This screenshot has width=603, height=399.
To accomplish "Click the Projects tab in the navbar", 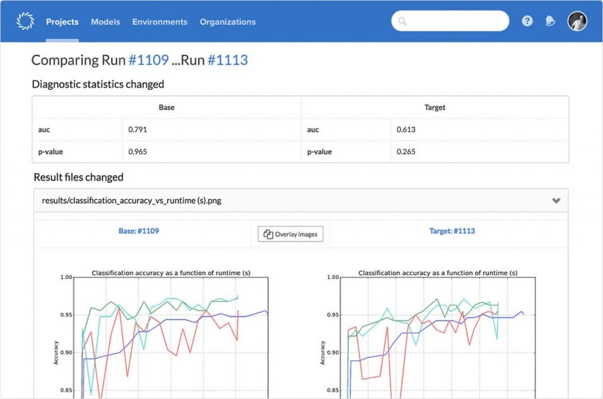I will click(62, 21).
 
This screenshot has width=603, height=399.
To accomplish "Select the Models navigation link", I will click(105, 21).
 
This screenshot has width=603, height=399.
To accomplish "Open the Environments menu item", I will click(159, 21).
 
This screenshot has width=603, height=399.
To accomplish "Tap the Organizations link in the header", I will click(227, 21).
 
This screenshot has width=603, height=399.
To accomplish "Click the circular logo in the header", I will click(25, 21).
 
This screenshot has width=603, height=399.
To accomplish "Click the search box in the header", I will click(450, 21).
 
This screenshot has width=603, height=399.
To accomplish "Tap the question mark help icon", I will click(527, 21).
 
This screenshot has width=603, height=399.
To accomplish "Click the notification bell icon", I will click(550, 21).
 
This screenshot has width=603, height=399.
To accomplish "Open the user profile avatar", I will click(577, 21).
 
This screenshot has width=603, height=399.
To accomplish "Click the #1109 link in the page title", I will click(148, 60).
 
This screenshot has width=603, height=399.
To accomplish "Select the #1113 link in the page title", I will click(227, 60).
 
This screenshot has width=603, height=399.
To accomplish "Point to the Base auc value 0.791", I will click(138, 129).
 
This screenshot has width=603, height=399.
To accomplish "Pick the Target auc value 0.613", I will click(406, 129).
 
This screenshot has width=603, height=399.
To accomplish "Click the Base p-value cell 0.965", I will click(138, 152).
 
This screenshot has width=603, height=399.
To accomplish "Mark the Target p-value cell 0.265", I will click(406, 152).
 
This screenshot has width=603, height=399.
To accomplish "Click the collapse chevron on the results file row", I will click(555, 201).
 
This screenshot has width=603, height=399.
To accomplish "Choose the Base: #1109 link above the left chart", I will click(139, 231).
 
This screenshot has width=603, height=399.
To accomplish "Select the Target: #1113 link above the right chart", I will click(452, 231).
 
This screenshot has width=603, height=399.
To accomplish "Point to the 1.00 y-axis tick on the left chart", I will click(66, 276).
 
